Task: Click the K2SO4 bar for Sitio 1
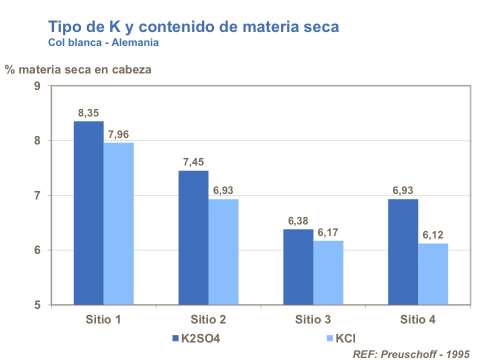click(88, 213)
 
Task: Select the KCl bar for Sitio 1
click(118, 223)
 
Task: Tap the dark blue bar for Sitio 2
click(193, 237)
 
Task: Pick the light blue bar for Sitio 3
click(328, 272)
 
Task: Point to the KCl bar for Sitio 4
click(433, 274)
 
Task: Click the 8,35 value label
click(88, 113)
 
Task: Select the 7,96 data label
click(119, 134)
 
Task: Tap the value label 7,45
click(193, 162)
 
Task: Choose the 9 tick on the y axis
click(37, 85)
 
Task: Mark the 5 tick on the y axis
click(37, 305)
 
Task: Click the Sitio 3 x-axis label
click(312, 319)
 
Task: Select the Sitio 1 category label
click(103, 319)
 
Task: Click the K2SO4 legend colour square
click(175, 338)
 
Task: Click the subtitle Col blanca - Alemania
click(103, 42)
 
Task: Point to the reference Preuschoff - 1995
click(411, 354)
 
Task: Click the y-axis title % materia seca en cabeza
click(78, 69)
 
